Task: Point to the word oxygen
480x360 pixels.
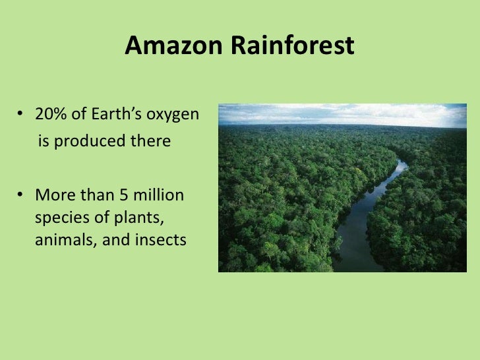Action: pyautogui.click(x=173, y=115)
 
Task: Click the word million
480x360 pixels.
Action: pyautogui.click(x=160, y=196)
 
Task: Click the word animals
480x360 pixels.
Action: pyautogui.click(x=63, y=241)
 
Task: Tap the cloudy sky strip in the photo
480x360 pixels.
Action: pyautogui.click(x=342, y=113)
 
